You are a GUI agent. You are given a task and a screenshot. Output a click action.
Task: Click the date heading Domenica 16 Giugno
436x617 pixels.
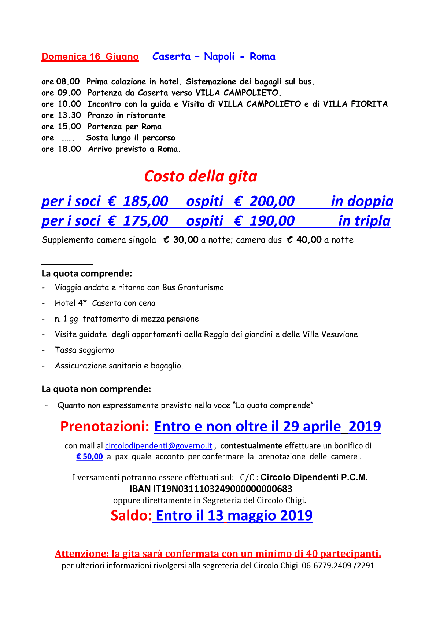click(x=90, y=57)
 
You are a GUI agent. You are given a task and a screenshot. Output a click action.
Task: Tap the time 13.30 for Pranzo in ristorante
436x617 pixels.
click(x=69, y=115)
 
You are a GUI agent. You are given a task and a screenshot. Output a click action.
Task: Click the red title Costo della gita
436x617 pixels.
click(x=200, y=176)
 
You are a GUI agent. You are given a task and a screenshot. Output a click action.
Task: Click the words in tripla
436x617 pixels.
click(x=364, y=221)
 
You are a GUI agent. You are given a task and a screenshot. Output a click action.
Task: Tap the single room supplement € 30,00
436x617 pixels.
click(x=181, y=240)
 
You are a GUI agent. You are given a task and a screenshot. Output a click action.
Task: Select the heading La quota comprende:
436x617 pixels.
click(x=87, y=273)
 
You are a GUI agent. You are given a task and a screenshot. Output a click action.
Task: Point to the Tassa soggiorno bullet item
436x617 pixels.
click(x=85, y=350)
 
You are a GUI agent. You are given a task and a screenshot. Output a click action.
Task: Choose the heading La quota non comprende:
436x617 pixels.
click(x=96, y=389)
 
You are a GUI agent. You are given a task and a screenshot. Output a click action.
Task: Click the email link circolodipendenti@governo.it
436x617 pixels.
click(x=158, y=446)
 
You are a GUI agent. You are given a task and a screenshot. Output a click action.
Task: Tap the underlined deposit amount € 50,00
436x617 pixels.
click(x=89, y=457)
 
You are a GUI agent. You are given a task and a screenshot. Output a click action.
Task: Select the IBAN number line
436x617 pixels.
click(x=211, y=489)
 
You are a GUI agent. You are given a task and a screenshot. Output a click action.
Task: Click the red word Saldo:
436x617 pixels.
click(x=131, y=515)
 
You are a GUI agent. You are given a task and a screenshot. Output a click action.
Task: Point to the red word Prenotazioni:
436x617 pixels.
click(x=105, y=426)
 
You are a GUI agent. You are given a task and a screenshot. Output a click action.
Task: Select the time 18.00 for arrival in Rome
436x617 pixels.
click(x=69, y=149)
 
